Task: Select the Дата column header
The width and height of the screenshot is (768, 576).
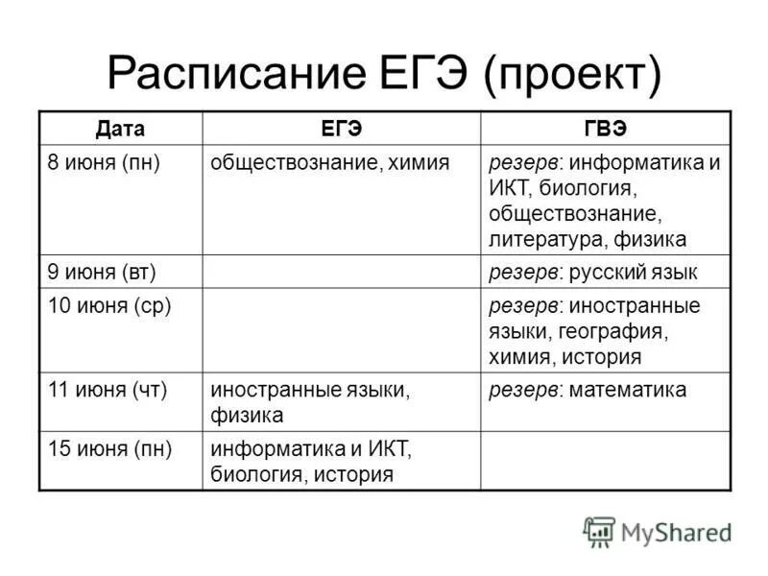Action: (120, 129)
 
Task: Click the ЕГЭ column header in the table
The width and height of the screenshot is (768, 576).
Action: (341, 129)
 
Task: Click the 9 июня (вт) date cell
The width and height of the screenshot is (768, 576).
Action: (101, 272)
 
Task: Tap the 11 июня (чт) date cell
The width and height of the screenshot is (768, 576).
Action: (106, 390)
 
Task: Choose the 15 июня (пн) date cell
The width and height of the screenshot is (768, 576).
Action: (107, 447)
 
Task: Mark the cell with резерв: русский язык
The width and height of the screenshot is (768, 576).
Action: (592, 272)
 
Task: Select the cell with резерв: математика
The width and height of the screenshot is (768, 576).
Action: (588, 390)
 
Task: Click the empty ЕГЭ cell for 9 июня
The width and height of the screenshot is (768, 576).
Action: (341, 272)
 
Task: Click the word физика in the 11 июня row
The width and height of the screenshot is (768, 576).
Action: (247, 416)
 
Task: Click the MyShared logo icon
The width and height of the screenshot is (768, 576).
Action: (599, 532)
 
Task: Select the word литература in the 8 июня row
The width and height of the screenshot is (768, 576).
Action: (539, 238)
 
